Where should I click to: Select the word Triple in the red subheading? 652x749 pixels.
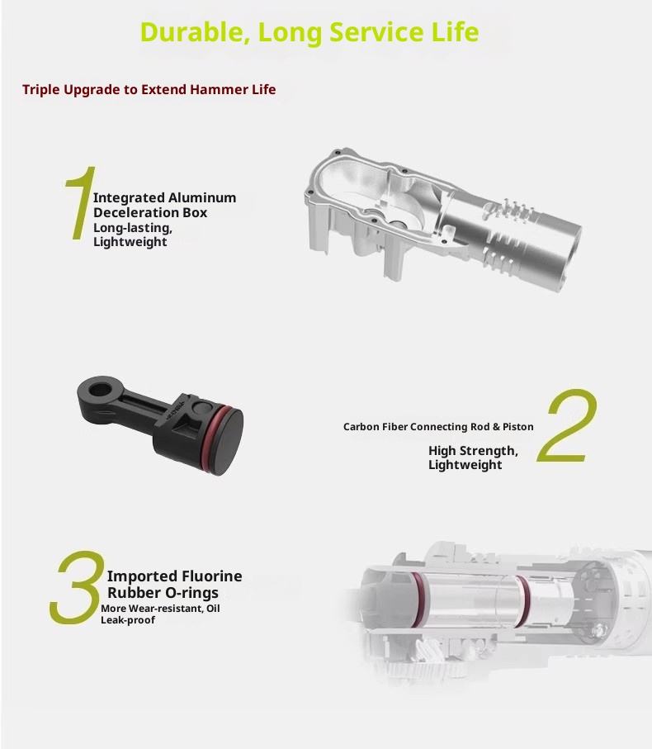click(x=41, y=90)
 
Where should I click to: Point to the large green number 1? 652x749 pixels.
click(x=81, y=202)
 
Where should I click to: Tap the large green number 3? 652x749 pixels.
click(x=78, y=587)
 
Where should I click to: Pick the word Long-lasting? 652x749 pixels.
click(x=132, y=228)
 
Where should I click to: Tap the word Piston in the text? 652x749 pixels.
click(x=517, y=427)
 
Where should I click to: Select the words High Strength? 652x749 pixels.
click(x=473, y=451)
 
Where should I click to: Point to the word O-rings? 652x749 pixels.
click(x=191, y=593)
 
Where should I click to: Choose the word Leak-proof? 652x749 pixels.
click(x=127, y=620)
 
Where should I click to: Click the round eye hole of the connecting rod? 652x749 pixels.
click(x=99, y=389)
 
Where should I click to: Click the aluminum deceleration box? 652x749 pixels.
click(x=442, y=220)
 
